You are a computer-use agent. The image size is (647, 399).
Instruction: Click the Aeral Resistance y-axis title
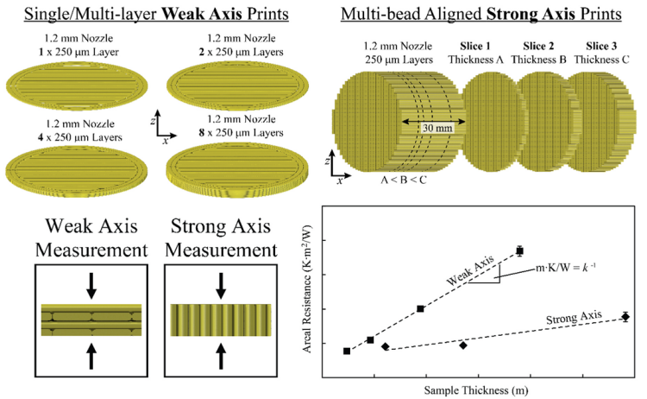pos(306,290)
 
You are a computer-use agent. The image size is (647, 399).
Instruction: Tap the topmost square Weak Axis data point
pos(519,251)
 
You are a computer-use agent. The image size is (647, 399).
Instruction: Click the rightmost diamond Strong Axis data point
pos(625,317)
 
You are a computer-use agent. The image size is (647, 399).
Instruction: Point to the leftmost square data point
pos(347,351)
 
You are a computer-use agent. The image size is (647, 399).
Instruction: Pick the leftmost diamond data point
pos(385,346)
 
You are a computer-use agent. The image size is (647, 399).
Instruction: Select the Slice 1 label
pos(469,45)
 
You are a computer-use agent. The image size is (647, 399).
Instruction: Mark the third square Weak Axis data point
pos(420,308)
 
